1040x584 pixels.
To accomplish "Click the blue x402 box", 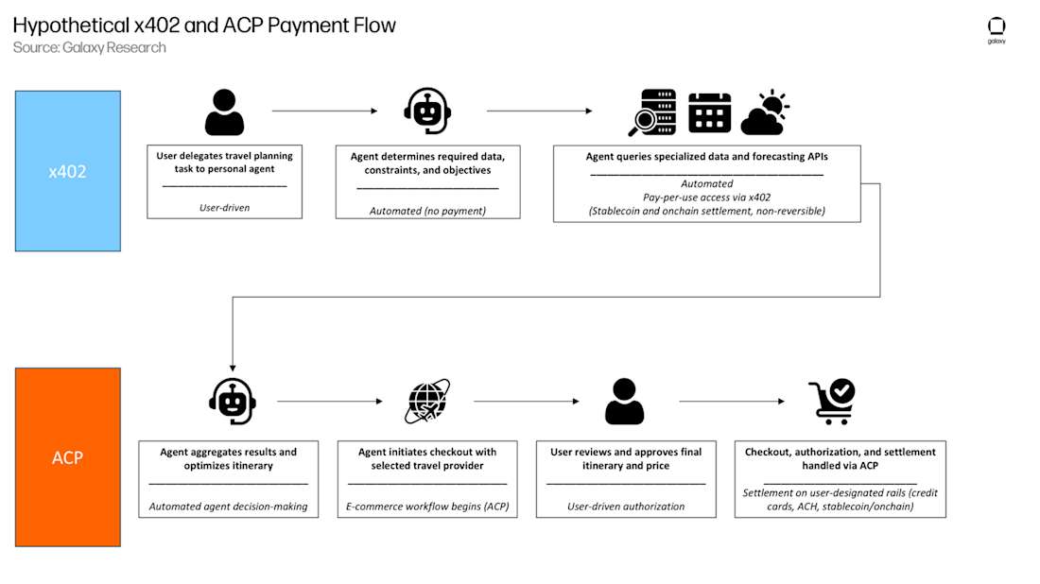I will [67, 171].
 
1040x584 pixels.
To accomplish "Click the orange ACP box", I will [67, 457].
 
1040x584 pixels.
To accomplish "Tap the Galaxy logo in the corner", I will [997, 28].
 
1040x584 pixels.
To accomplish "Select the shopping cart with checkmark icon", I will [832, 402].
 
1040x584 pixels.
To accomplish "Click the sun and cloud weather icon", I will [765, 112].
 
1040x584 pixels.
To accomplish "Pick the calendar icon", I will [709, 112].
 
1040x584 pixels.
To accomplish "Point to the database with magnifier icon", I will [652, 113].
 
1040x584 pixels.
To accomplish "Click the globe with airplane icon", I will [427, 401].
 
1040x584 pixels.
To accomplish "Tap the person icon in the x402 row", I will [224, 112].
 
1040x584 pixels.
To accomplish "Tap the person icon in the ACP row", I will [624, 401].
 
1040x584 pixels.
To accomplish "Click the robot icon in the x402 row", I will [426, 112].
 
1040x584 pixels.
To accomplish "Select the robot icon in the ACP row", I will [232, 401].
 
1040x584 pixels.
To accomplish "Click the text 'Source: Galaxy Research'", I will [90, 47].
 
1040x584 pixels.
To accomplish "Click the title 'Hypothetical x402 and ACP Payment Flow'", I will [204, 25].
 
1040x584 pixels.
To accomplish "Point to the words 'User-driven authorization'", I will [626, 507].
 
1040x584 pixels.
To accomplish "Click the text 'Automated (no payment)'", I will [427, 211].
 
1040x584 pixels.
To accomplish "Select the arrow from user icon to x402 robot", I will [323, 112].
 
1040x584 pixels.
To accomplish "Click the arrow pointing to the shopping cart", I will [731, 402].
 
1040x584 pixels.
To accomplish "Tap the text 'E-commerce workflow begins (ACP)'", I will [427, 507].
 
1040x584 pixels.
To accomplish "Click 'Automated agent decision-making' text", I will [228, 507].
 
